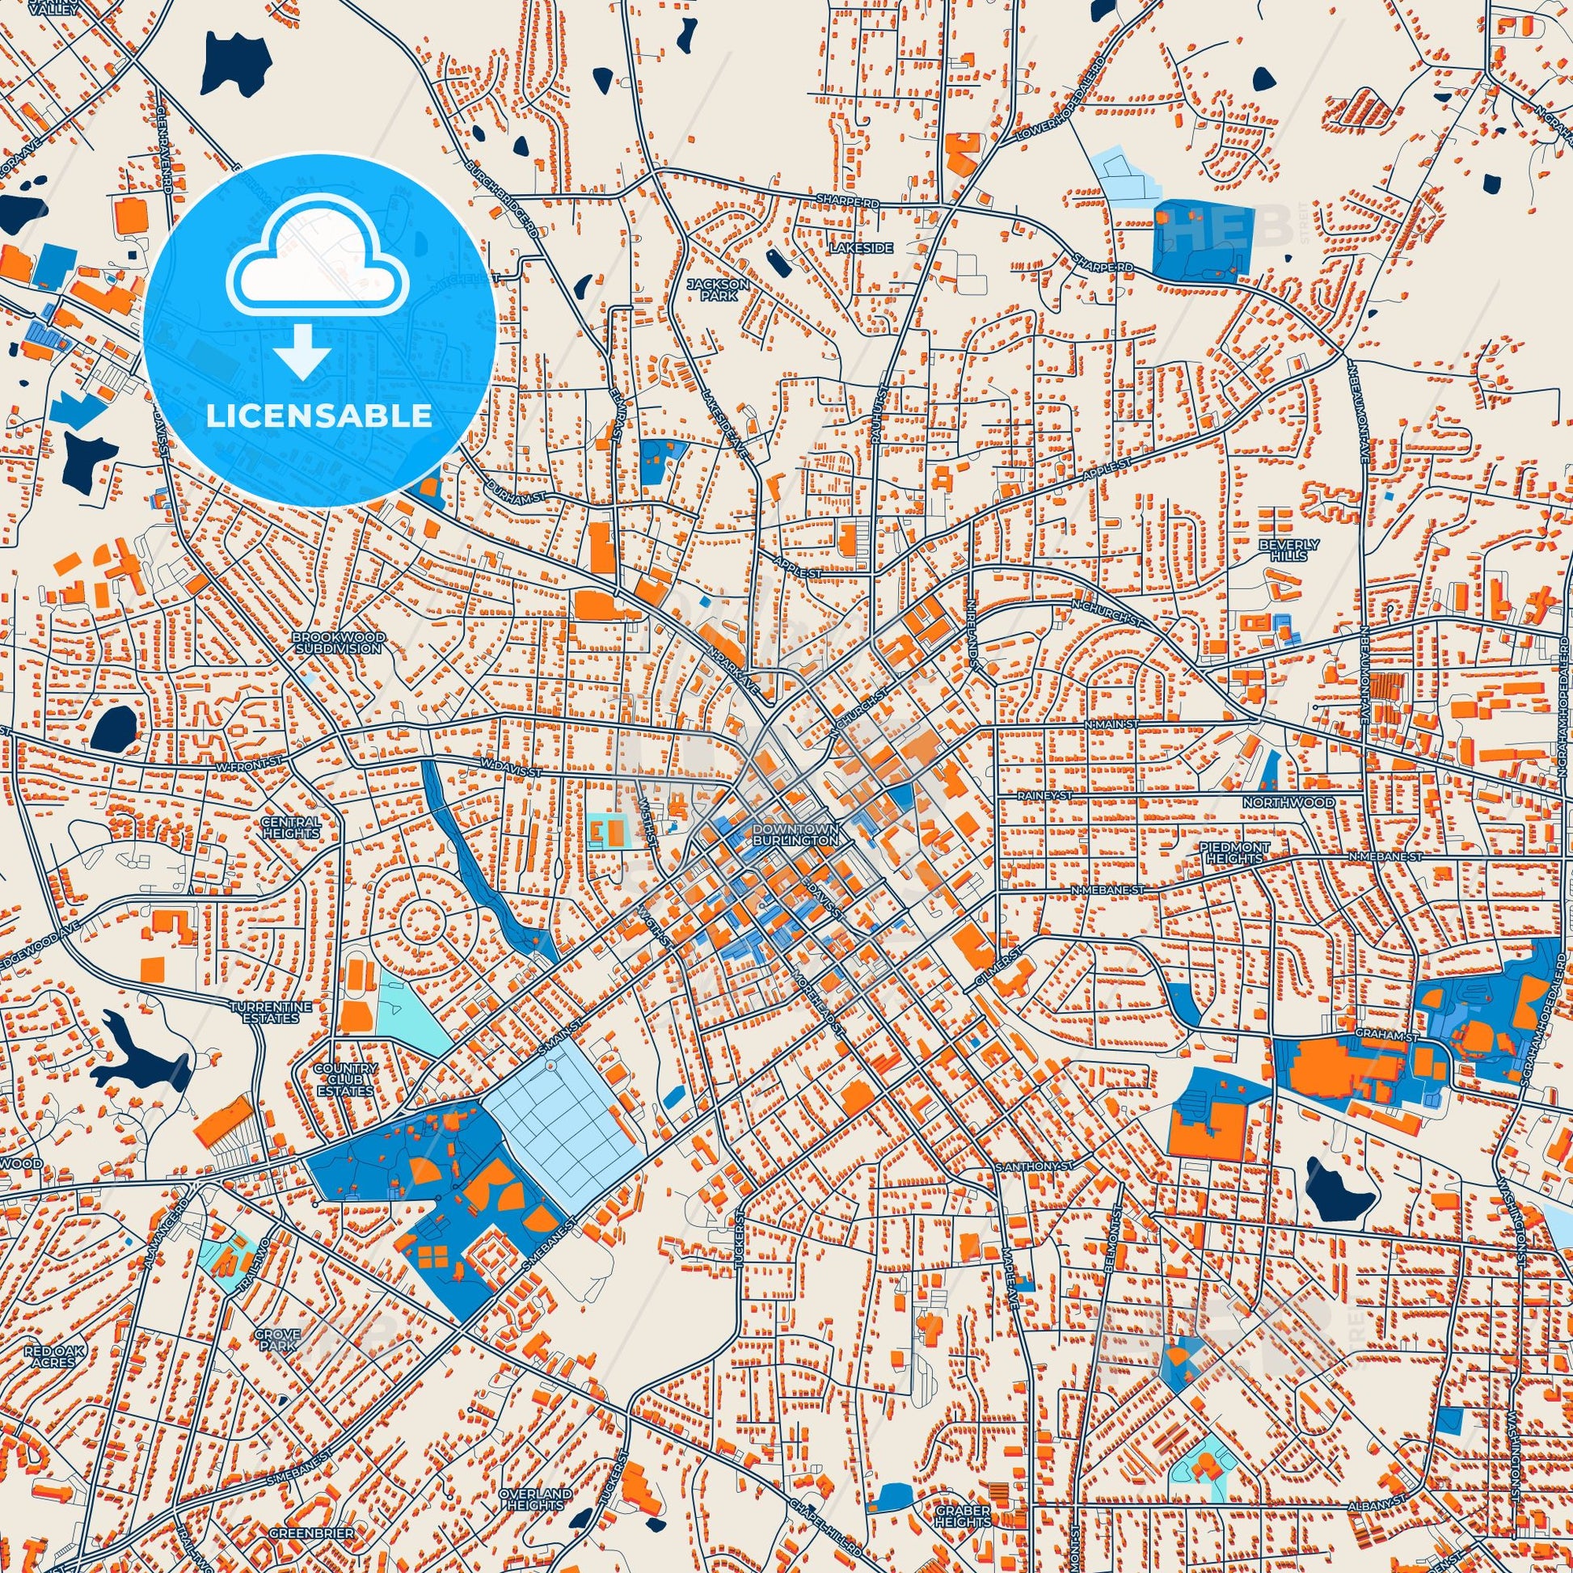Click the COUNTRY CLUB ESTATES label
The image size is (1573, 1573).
346,1080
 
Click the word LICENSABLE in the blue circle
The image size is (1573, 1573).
319,416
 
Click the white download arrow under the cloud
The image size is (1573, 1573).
302,350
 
